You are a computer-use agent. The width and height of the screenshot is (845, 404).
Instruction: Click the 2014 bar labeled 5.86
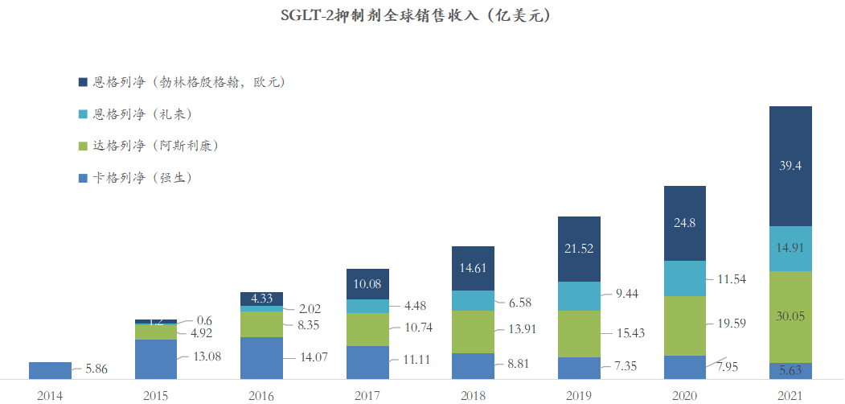click(x=50, y=370)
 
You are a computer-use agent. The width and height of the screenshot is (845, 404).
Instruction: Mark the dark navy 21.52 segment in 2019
click(x=579, y=249)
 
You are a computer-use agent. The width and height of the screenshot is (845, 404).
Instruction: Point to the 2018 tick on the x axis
click(x=473, y=394)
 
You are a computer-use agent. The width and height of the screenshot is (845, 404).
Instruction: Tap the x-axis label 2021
click(x=790, y=394)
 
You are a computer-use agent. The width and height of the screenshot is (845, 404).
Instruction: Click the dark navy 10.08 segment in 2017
click(x=367, y=283)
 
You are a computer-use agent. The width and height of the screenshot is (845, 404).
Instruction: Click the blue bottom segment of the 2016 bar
click(x=261, y=357)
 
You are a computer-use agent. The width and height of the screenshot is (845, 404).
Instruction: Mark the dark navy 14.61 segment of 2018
click(x=473, y=268)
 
